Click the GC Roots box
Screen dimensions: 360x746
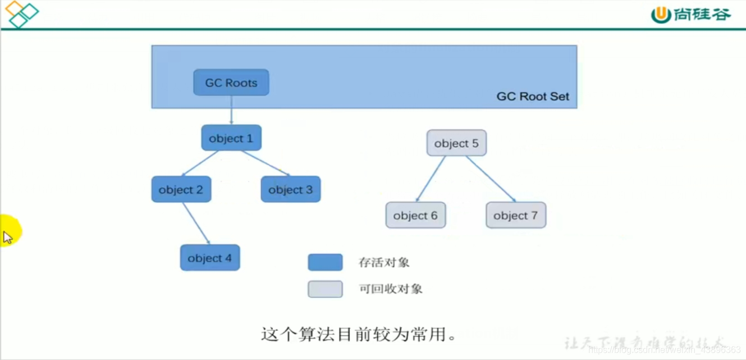[231, 83]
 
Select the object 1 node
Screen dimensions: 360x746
[231, 138]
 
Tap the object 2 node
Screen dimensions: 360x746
[181, 189]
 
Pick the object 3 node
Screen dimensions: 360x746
[290, 189]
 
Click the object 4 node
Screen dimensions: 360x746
[209, 258]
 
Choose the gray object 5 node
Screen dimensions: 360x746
[456, 143]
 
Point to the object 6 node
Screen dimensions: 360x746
[415, 215]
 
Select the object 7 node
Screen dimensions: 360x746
[515, 215]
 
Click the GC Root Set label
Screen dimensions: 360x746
[532, 97]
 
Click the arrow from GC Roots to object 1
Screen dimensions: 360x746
[231, 110]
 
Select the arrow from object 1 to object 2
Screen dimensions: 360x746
[200, 163]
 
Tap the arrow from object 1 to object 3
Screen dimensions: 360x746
[266, 163]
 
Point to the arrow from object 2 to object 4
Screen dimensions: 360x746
[196, 223]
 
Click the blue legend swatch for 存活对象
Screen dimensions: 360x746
[325, 262]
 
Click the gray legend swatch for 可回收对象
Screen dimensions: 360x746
[325, 289]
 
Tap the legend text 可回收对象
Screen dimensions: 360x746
[391, 289]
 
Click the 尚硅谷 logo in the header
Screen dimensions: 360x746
[691, 15]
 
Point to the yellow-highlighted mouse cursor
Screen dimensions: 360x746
[8, 236]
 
